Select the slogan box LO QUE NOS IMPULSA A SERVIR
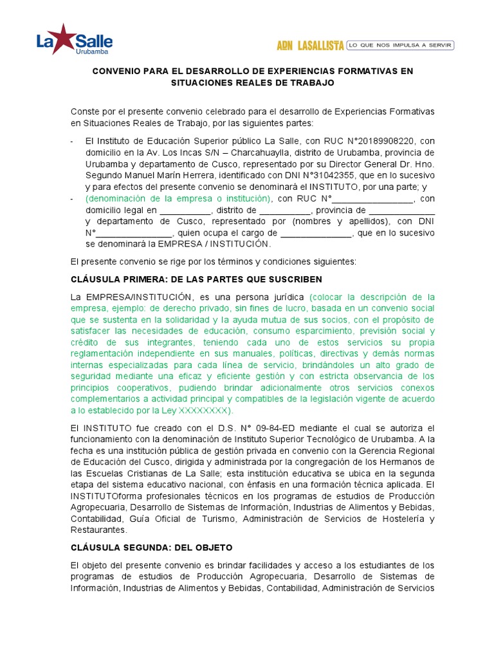[400, 45]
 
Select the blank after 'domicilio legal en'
[185, 211]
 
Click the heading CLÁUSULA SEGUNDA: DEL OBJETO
[151, 547]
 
